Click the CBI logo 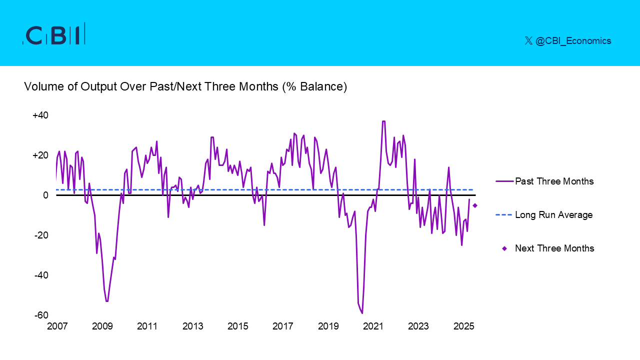(54, 34)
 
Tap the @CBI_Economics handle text (573, 41)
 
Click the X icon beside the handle (528, 41)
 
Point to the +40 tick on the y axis (40, 115)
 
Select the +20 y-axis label (40, 155)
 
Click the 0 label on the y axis (45, 195)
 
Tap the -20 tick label (41, 235)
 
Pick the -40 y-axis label (41, 275)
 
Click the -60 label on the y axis (41, 315)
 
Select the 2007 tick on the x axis (57, 326)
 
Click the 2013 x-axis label (192, 326)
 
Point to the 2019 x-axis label (328, 326)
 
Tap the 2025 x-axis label (463, 326)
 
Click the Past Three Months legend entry (554, 181)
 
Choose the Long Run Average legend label (553, 215)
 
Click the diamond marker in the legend (504, 248)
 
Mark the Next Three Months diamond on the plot (475, 205)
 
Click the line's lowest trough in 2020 (362, 313)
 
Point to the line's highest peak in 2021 (383, 121)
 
